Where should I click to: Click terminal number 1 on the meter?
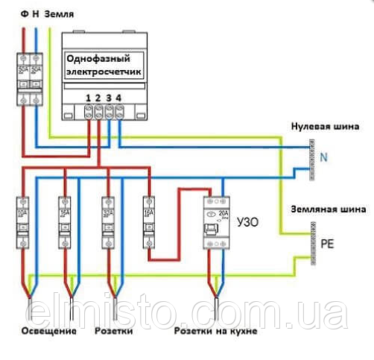89,98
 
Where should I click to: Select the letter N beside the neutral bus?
323,157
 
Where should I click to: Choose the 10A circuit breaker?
22,221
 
